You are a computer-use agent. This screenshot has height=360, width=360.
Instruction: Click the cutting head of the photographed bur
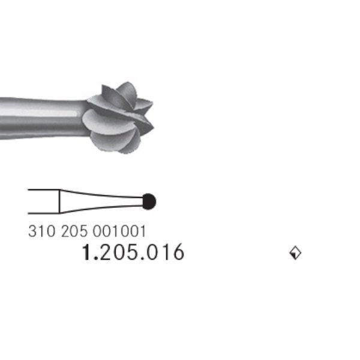tap(120, 117)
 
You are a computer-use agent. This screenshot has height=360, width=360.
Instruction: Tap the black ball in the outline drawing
tap(149, 202)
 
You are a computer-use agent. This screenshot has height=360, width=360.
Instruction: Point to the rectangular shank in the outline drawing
tap(43, 201)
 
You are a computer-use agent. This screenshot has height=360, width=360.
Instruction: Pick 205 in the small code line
tap(74, 231)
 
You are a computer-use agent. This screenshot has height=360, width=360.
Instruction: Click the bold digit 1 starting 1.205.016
tap(86, 253)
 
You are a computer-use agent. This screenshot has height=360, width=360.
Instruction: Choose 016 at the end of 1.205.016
tap(165, 253)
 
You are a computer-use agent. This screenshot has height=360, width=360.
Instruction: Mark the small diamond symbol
tap(295, 253)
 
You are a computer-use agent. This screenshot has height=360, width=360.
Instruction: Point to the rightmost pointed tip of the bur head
tap(152, 123)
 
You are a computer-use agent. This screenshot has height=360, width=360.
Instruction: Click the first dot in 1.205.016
tap(96, 259)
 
